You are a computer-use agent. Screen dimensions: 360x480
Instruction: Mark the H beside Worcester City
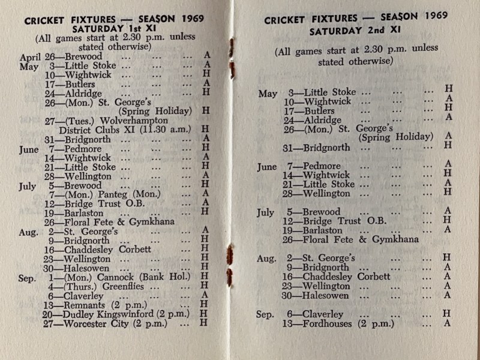click(x=204, y=323)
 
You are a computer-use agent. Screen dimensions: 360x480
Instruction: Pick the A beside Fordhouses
click(x=448, y=324)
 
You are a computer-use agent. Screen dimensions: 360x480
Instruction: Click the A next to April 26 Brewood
click(x=206, y=56)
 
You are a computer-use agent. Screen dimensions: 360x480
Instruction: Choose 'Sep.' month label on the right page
click(x=265, y=314)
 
